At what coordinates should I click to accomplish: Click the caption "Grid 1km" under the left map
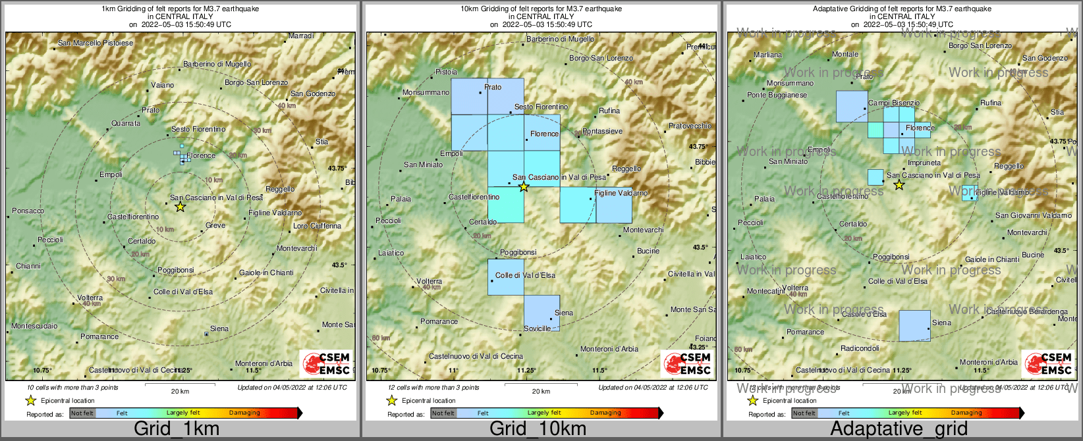click(x=177, y=429)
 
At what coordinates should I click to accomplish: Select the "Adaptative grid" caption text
click(x=899, y=429)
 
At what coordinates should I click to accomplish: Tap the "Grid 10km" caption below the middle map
click(x=538, y=429)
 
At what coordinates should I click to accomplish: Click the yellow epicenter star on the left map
click(x=180, y=207)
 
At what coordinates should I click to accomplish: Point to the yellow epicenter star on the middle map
click(x=524, y=187)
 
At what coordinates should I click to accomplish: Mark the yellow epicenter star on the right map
click(x=899, y=185)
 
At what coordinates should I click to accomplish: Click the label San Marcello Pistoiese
click(x=96, y=43)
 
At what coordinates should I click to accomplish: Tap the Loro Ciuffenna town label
click(x=317, y=226)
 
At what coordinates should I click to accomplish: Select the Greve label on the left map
click(x=215, y=225)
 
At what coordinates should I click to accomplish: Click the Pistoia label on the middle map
click(x=446, y=72)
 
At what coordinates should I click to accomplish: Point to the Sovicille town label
click(x=537, y=328)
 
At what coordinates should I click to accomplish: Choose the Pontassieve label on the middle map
click(x=602, y=131)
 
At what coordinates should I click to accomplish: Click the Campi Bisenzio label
click(x=894, y=103)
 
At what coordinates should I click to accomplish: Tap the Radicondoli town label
click(x=860, y=348)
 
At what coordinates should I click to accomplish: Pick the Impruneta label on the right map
click(x=924, y=163)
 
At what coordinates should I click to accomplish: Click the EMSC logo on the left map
click(x=327, y=363)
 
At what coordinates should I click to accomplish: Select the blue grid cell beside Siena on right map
click(x=914, y=326)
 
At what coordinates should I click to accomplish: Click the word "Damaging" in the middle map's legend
click(x=605, y=413)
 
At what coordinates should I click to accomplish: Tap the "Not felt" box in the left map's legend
click(x=82, y=413)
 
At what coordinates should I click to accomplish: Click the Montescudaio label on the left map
click(x=34, y=326)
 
